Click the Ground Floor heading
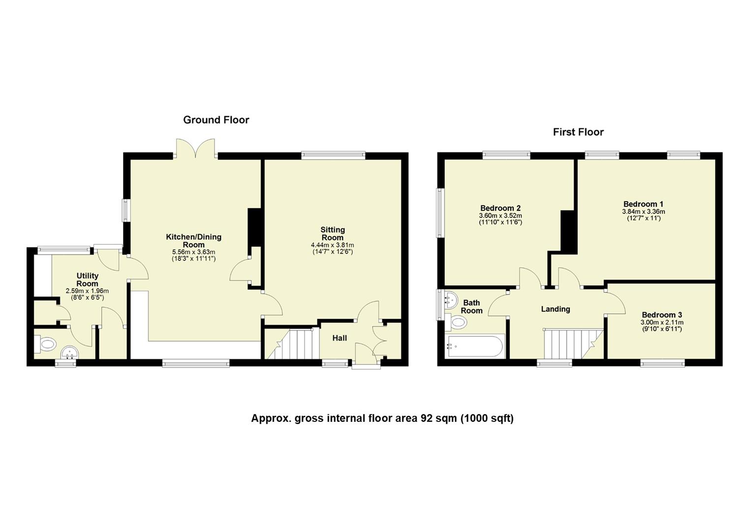[x=216, y=120]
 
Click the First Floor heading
[x=578, y=132]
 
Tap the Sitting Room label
[x=333, y=234]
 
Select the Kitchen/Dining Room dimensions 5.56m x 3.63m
[x=193, y=252]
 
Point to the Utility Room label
[x=87, y=280]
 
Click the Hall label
[x=340, y=338]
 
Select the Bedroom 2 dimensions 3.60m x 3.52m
[x=500, y=215]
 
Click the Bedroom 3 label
[x=661, y=315]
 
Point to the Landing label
[x=555, y=309]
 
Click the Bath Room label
[x=471, y=307]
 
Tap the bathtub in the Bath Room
[x=474, y=347]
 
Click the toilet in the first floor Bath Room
[x=457, y=323]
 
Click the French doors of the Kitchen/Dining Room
[x=195, y=148]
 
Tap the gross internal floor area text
[x=382, y=418]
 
